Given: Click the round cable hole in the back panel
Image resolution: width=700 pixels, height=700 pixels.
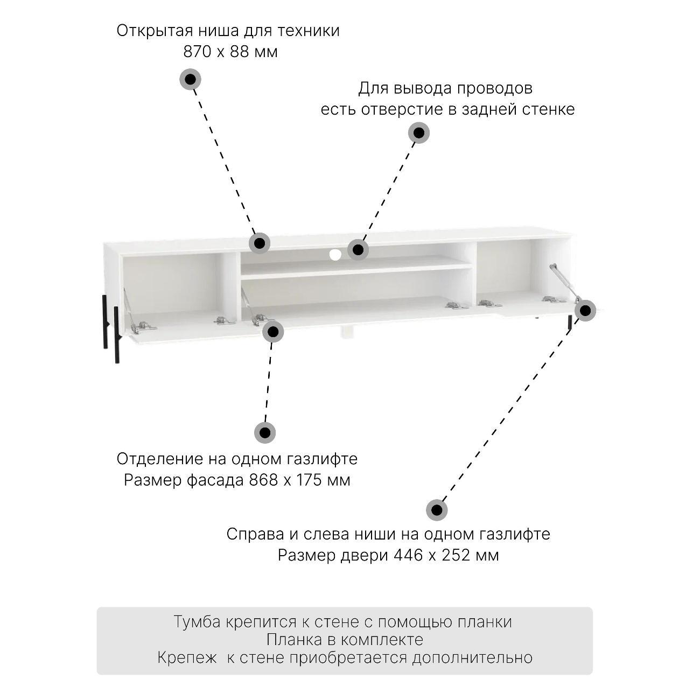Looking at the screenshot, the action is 335,255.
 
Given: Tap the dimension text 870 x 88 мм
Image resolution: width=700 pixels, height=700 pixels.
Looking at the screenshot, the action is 230,52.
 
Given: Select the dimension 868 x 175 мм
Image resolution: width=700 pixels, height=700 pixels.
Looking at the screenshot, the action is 299,480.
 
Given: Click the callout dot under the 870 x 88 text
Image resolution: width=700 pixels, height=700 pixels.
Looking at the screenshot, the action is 191,79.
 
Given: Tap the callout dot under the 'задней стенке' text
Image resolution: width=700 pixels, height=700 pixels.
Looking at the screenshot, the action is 419,132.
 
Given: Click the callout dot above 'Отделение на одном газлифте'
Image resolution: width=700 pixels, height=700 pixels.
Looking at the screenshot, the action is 265,432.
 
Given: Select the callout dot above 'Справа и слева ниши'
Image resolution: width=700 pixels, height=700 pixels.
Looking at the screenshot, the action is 437,510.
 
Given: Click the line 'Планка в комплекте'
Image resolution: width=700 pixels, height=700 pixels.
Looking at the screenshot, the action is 345,639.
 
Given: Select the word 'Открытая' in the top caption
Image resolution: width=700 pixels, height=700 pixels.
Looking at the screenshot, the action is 155,31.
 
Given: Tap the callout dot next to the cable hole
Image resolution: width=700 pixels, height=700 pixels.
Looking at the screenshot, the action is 358,249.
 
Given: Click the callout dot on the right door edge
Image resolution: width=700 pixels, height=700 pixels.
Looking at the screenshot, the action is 585,311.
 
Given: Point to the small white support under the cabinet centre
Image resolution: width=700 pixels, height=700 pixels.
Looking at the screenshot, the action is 347,332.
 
